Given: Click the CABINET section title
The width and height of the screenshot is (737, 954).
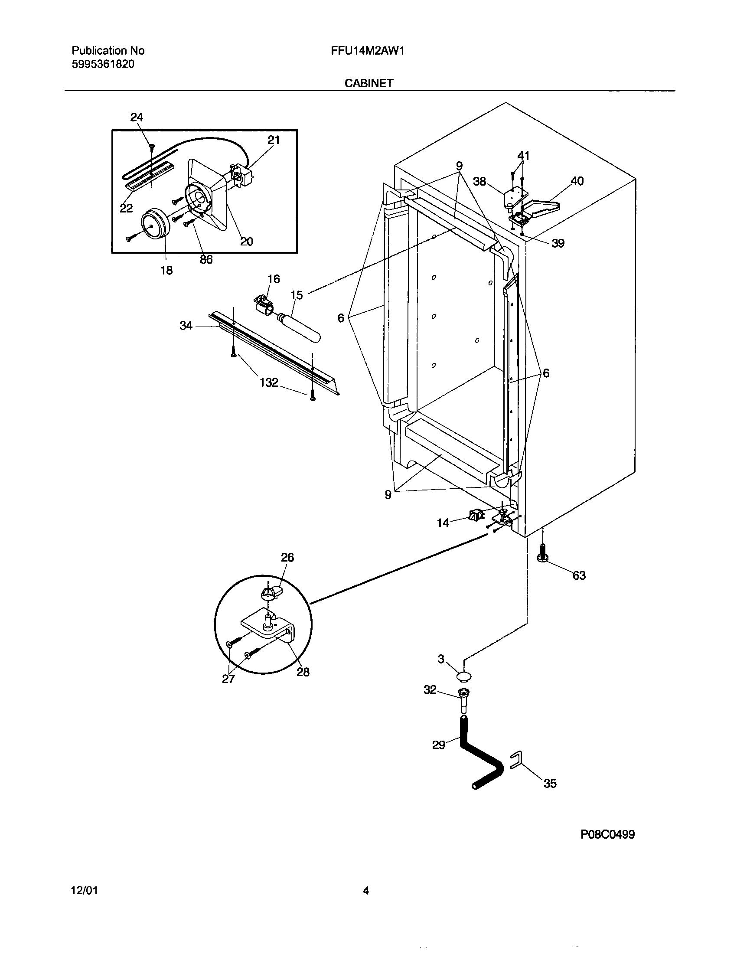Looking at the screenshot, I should (x=369, y=83).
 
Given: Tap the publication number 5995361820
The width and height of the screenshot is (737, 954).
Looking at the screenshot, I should (x=103, y=64).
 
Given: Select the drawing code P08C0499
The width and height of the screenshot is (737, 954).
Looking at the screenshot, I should (x=607, y=834).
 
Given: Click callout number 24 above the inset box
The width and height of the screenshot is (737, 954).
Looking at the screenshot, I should (x=137, y=117).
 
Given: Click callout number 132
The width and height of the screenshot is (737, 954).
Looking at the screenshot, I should (x=268, y=382).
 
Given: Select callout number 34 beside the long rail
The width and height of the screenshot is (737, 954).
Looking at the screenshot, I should (x=186, y=325).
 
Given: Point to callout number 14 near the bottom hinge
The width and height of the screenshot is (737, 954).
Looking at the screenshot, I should (x=443, y=523).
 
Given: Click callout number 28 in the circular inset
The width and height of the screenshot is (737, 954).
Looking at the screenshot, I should (x=303, y=672).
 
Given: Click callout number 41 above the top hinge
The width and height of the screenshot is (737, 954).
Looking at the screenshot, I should (x=523, y=155).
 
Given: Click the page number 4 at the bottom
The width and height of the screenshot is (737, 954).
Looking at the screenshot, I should (x=366, y=890).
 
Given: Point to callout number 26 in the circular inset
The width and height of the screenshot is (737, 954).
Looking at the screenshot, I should (x=287, y=557).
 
